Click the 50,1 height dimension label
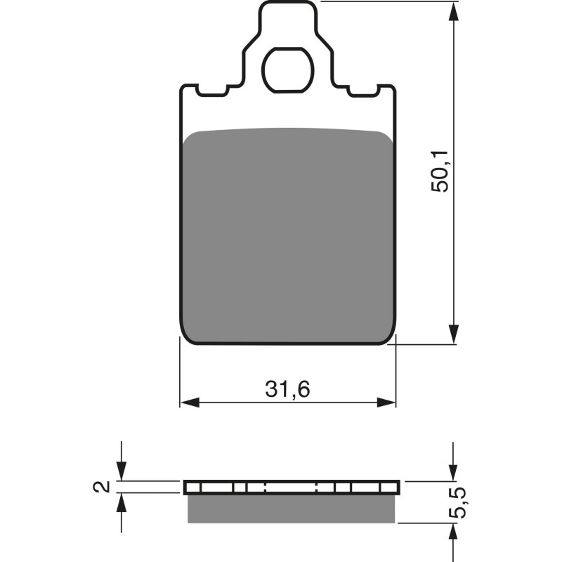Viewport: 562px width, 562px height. pos(440,171)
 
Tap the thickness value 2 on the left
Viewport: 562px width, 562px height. pos(103,486)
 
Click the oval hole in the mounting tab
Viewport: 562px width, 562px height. pos(288,70)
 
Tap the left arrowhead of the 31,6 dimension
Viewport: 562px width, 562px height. pos(189,403)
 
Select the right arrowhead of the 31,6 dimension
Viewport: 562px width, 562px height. pos(387,403)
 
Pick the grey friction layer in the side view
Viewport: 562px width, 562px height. pos(291,509)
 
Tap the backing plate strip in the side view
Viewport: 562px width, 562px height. pos(291,488)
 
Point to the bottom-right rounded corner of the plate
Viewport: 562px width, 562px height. pos(391,339)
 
